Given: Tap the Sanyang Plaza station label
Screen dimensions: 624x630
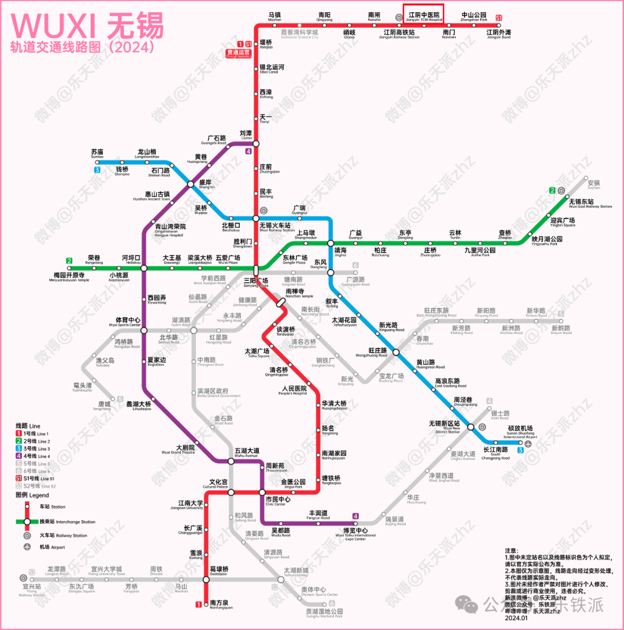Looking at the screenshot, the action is coord(255,282).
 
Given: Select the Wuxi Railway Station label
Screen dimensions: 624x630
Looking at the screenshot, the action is coord(277,227).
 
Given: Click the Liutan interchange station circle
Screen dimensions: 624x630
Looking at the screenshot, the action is coord(256,143).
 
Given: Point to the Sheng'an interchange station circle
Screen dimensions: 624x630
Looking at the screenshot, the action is coord(191,184).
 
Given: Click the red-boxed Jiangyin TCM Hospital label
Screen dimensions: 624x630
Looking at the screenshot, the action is coord(424,17).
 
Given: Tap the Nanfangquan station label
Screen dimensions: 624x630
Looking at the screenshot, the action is coord(221,605).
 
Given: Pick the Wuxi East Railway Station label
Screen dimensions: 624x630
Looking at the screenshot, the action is coord(590,204).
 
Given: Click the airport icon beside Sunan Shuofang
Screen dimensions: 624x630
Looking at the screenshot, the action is coord(528,443).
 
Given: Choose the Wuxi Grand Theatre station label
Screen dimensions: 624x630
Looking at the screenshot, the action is coord(185,449).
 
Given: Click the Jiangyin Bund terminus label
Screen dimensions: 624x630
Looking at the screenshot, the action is coord(498,34).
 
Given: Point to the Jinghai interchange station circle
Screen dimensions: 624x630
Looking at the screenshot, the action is coord(330,243).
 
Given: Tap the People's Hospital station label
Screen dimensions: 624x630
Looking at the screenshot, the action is coord(294,391).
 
